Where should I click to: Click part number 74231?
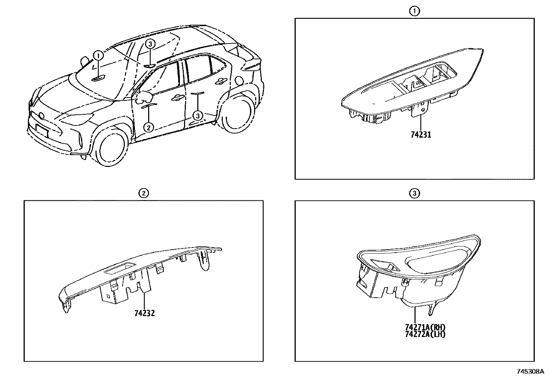[421, 135]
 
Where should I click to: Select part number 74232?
[145, 313]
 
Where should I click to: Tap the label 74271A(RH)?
[425, 327]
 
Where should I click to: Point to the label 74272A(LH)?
[425, 334]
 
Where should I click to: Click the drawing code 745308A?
[530, 371]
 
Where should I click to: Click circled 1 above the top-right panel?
[414, 11]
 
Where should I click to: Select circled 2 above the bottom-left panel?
[144, 193]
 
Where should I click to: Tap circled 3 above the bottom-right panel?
[415, 193]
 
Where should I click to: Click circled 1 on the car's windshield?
[98, 55]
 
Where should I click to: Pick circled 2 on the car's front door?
[149, 128]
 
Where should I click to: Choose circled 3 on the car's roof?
[150, 44]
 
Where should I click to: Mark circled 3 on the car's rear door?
[198, 115]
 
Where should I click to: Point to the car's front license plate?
[42, 131]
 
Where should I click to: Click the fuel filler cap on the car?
[239, 81]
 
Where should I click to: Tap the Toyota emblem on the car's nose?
[41, 115]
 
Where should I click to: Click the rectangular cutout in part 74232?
[120, 268]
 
